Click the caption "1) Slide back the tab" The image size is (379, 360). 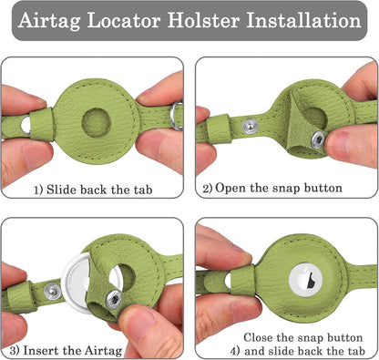[x=93, y=190]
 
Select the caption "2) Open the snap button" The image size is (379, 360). [x=272, y=189]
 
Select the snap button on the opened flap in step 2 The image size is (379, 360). [x=314, y=138]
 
